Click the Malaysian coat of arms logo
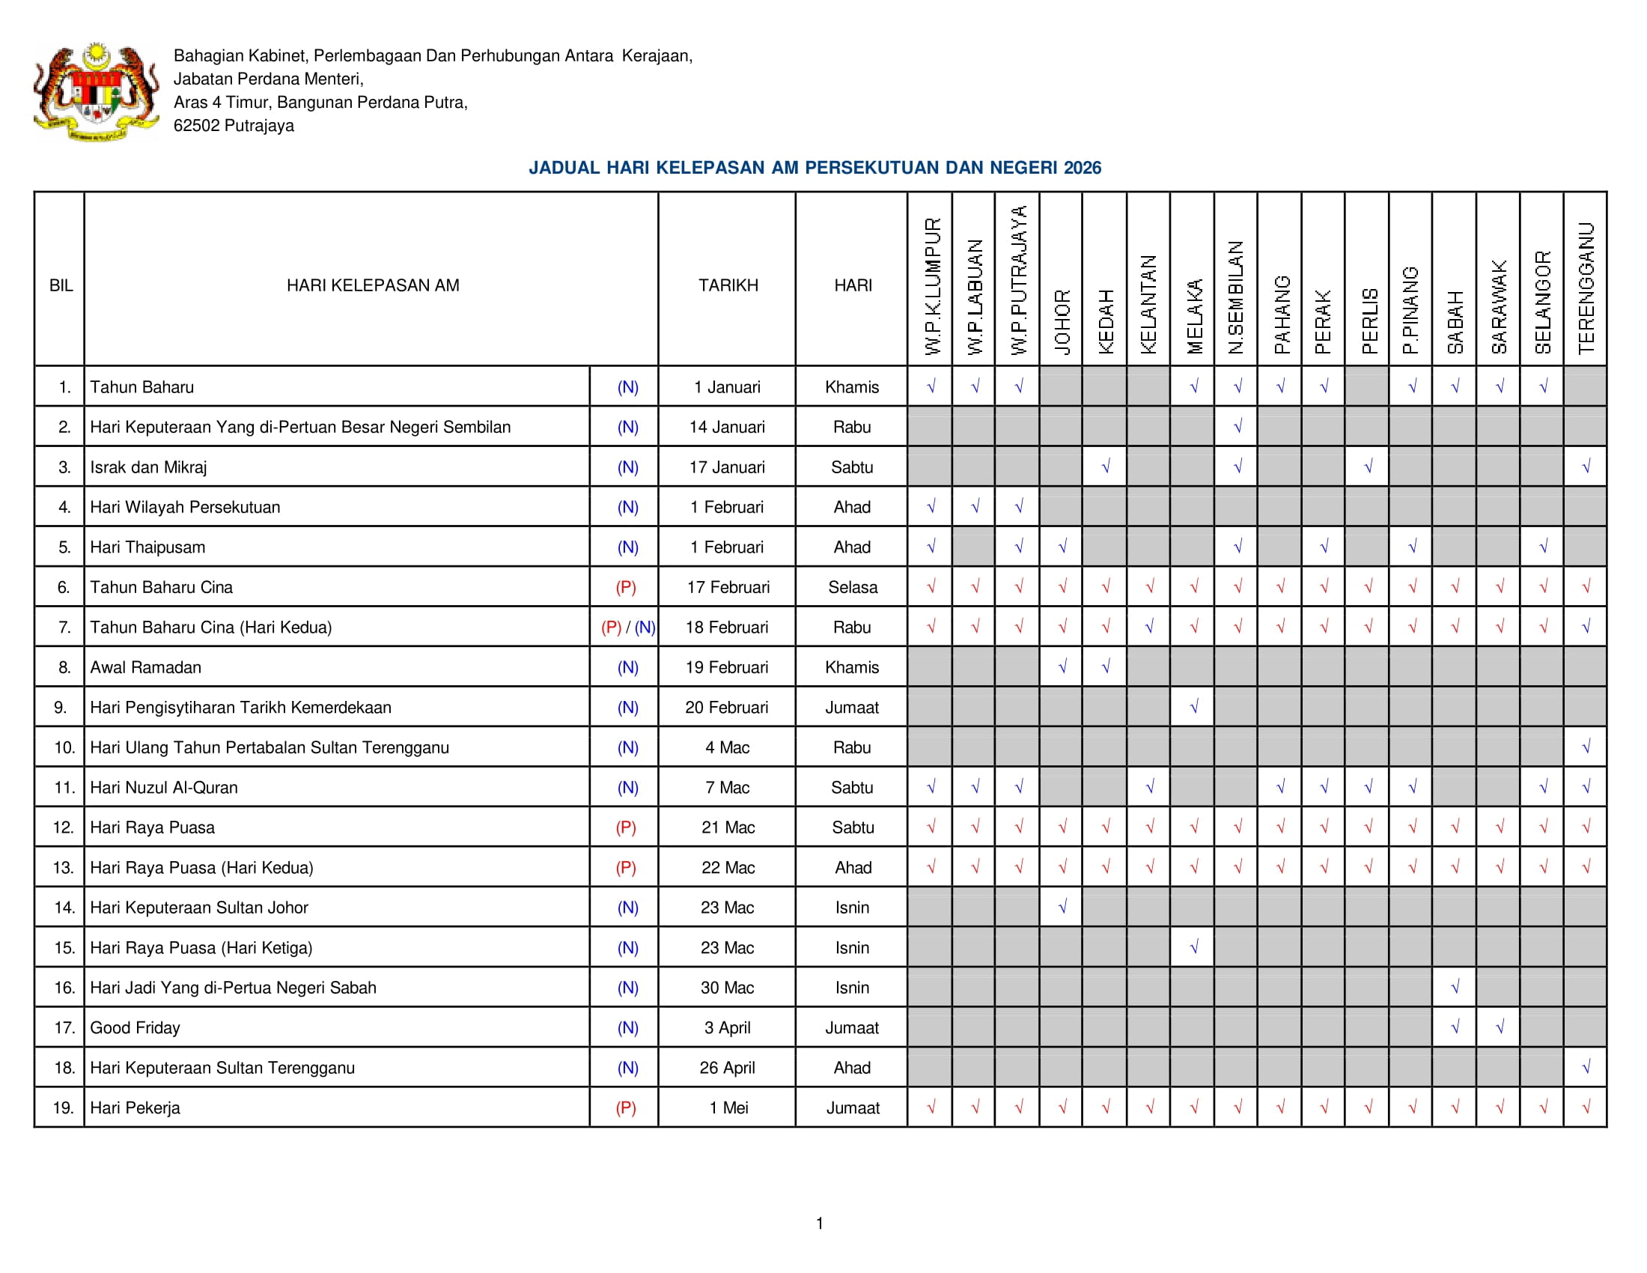tap(96, 92)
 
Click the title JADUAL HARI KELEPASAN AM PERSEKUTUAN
tap(815, 168)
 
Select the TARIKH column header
tap(728, 286)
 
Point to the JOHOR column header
tap(1062, 322)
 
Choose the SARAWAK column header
tap(1500, 307)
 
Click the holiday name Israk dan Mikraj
tap(148, 467)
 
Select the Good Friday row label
tap(135, 1028)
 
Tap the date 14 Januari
tap(727, 428)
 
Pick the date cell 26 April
tap(727, 1068)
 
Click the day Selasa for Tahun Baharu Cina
tap(852, 588)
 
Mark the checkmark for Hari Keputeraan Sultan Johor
tap(1062, 908)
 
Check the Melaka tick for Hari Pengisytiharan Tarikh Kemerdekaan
tap(1194, 708)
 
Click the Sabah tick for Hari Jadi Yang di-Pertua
tap(1455, 987)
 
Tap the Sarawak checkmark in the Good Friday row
tap(1500, 1027)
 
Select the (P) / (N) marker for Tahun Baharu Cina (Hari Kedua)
tap(627, 628)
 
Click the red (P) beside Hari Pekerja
tap(626, 1108)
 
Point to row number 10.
tap(64, 747)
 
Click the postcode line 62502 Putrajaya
tap(234, 126)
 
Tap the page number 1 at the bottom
tap(820, 1224)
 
